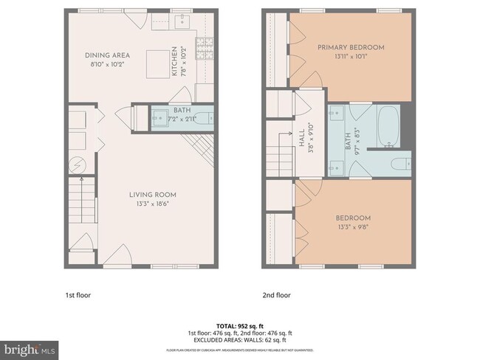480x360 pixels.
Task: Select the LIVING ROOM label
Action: (x=152, y=195)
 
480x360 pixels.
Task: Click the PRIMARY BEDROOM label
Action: (x=351, y=48)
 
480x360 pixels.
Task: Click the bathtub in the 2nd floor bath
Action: (x=388, y=125)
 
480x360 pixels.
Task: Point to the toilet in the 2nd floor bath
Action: (x=398, y=164)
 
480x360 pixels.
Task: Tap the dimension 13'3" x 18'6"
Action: (x=152, y=204)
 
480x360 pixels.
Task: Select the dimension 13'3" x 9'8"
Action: (x=353, y=227)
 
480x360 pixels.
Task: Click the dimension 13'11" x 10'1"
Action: (x=351, y=57)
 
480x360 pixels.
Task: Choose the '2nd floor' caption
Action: (x=277, y=295)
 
